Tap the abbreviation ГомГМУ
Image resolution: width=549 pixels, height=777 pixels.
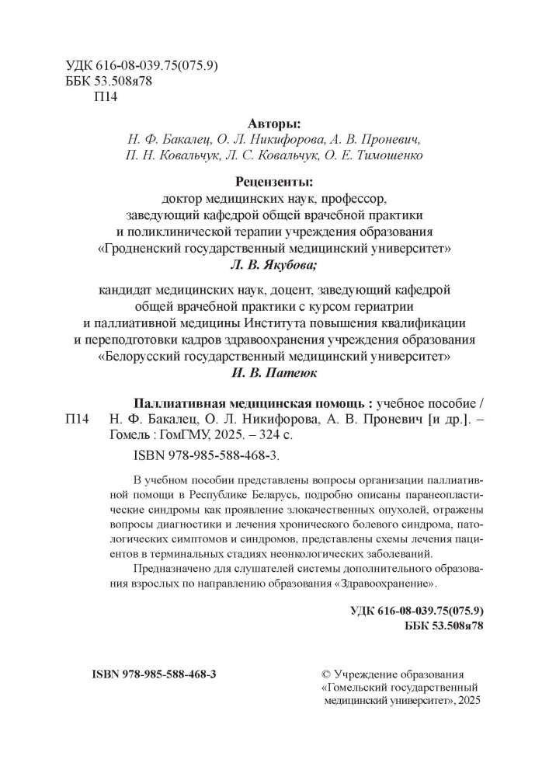(x=173, y=436)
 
